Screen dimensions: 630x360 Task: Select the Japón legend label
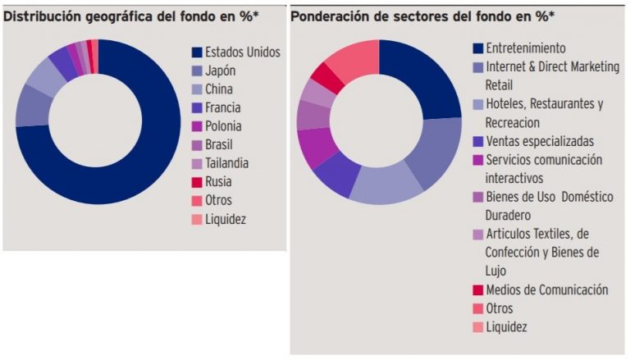[x=220, y=71]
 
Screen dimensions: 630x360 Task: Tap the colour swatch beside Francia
[x=197, y=107]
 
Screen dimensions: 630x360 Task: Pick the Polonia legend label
[x=223, y=126]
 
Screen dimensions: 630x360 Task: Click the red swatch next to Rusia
[x=197, y=182]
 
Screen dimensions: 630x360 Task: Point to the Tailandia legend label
[x=227, y=163]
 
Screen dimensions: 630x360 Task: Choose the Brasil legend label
[x=219, y=144]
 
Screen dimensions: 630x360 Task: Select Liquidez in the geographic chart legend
[x=226, y=220]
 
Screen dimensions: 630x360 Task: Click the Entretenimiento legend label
[x=526, y=48]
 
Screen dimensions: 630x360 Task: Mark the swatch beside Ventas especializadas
[x=477, y=141]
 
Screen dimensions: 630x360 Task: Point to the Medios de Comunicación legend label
[x=547, y=289]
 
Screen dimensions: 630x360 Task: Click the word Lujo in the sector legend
[x=495, y=271]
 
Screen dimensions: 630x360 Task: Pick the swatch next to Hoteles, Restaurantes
[x=477, y=104]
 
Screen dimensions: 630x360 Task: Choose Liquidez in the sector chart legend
[x=506, y=327]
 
